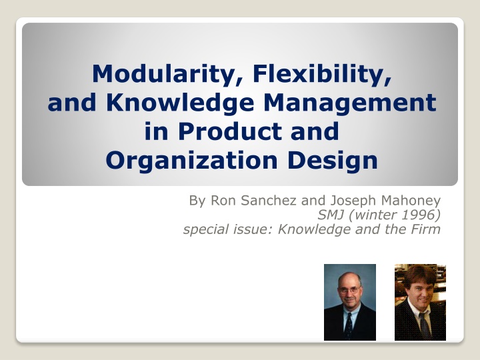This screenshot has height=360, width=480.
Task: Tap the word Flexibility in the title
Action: tap(322, 75)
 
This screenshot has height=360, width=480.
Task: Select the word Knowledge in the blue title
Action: tap(180, 103)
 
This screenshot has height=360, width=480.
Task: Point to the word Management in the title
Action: tap(350, 103)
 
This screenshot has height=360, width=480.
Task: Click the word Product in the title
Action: tap(230, 131)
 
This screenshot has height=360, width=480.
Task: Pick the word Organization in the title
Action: tap(191, 161)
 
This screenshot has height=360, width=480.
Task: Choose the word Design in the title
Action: tap(332, 161)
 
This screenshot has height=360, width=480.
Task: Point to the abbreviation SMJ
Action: tap(330, 215)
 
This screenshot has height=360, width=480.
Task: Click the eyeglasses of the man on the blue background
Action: tap(349, 289)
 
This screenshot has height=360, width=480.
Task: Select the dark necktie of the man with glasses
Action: tap(349, 325)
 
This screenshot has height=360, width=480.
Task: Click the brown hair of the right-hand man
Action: tap(419, 274)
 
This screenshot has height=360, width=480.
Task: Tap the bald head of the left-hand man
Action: tap(349, 278)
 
